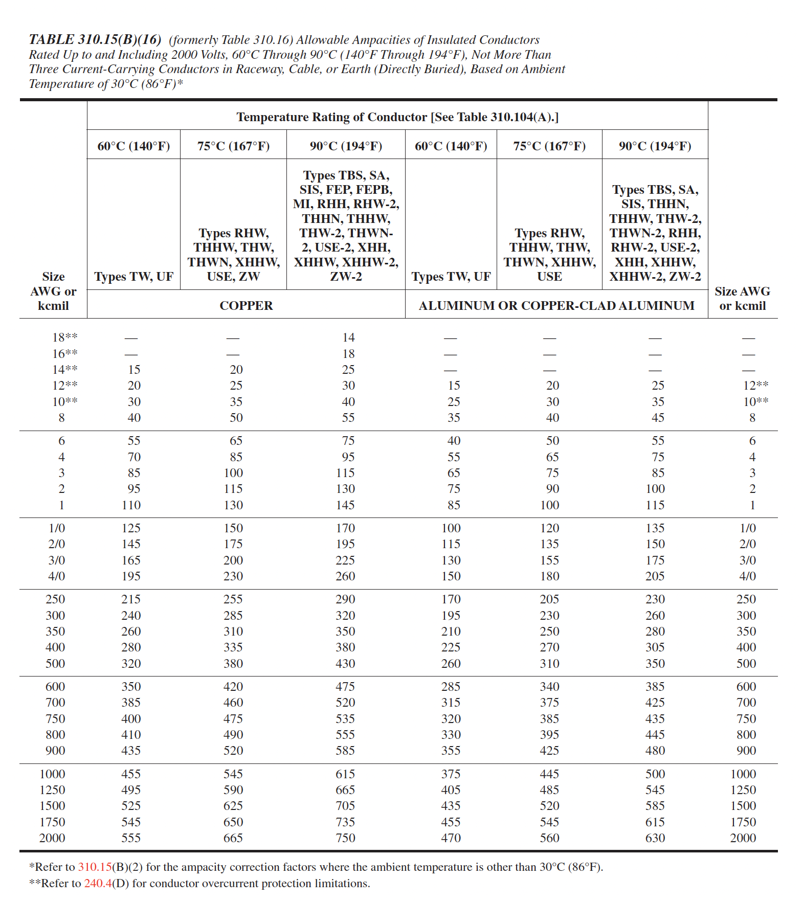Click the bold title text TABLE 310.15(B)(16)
pyautogui.click(x=95, y=40)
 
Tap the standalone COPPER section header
pyautogui.click(x=246, y=306)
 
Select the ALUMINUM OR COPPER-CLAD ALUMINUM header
pyautogui.click(x=556, y=306)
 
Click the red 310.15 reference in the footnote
pyautogui.click(x=95, y=867)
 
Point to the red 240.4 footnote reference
pyautogui.click(x=98, y=883)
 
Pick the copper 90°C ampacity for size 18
pyautogui.click(x=348, y=337)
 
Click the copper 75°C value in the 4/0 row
pyautogui.click(x=233, y=576)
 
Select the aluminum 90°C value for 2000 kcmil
pyautogui.click(x=655, y=838)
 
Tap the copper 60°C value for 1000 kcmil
pyautogui.click(x=131, y=774)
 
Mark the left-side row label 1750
pyautogui.click(x=52, y=822)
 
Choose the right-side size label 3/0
pyautogui.click(x=748, y=560)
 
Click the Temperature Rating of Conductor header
pyautogui.click(x=397, y=117)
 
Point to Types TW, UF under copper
pyautogui.click(x=133, y=277)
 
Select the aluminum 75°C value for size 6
pyautogui.click(x=552, y=441)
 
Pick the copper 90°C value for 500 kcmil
pyautogui.click(x=345, y=664)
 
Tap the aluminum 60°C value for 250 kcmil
pyautogui.click(x=451, y=599)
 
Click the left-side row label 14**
pyautogui.click(x=65, y=370)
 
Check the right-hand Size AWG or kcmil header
pyautogui.click(x=743, y=299)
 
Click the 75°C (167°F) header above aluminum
pyautogui.click(x=549, y=146)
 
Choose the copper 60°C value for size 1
pyautogui.click(x=131, y=505)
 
